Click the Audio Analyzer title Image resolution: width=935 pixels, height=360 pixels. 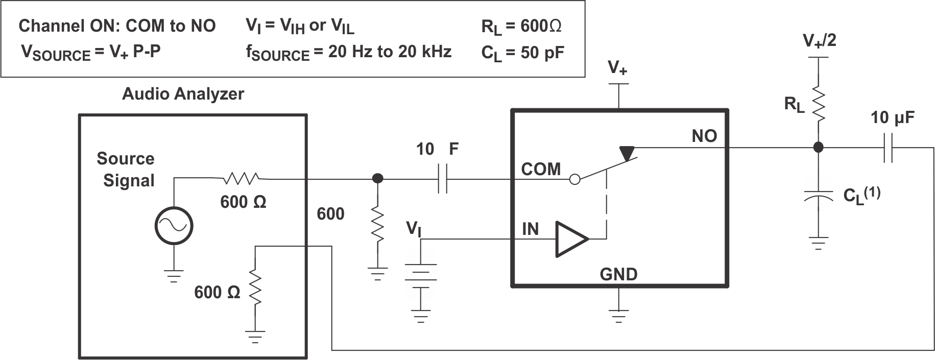click(183, 94)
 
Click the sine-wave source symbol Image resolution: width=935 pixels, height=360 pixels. click(174, 226)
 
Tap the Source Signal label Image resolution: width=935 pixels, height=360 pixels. click(127, 170)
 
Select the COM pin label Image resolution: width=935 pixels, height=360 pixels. click(541, 169)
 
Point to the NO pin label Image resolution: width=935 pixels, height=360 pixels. click(704, 136)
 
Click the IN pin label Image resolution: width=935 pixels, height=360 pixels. click(530, 229)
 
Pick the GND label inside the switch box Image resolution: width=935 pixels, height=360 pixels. click(618, 274)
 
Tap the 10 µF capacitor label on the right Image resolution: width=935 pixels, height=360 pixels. click(892, 118)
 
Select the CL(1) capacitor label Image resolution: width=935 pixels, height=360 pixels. click(861, 195)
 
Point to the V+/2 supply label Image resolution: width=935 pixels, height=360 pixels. click(819, 40)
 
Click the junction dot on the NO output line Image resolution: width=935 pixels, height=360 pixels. click(819, 148)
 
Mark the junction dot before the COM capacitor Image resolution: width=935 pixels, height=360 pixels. click(377, 179)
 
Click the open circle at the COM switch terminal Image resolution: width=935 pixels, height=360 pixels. click(574, 179)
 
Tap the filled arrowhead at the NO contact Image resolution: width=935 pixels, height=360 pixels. click(627, 152)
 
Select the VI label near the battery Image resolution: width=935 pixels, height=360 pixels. click(414, 228)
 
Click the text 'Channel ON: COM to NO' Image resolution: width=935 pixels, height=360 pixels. click(117, 26)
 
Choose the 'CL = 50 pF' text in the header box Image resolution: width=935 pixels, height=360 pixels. click(522, 53)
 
